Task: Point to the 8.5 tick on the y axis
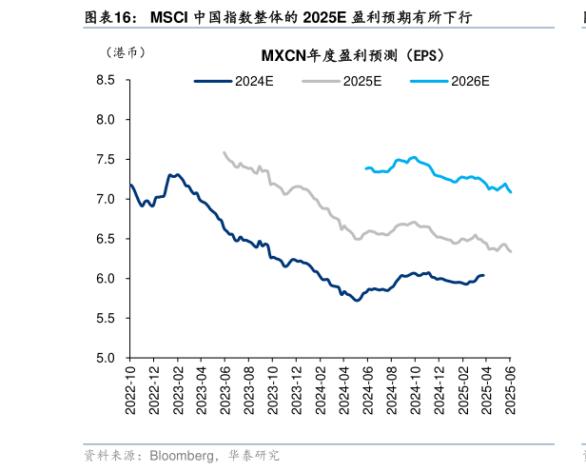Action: (105, 81)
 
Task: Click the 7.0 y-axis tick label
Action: (105, 200)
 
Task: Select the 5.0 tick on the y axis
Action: (105, 358)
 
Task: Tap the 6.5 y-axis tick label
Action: (105, 239)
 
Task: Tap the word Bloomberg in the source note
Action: (180, 456)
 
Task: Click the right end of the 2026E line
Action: (511, 192)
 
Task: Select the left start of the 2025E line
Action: (224, 151)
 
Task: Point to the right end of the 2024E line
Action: (483, 275)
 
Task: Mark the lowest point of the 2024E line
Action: (357, 300)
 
